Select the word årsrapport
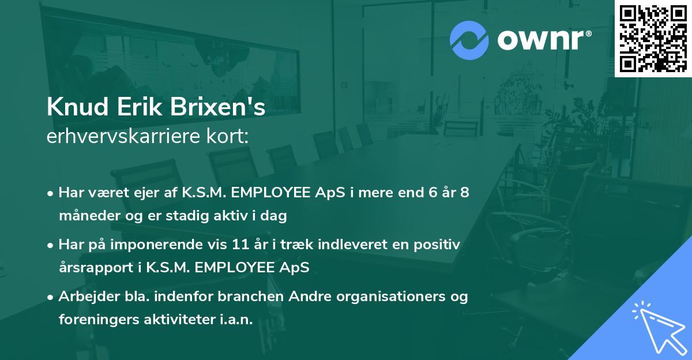click(93, 268)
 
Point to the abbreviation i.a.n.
click(236, 320)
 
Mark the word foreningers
click(95, 320)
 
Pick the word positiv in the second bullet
click(436, 245)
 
